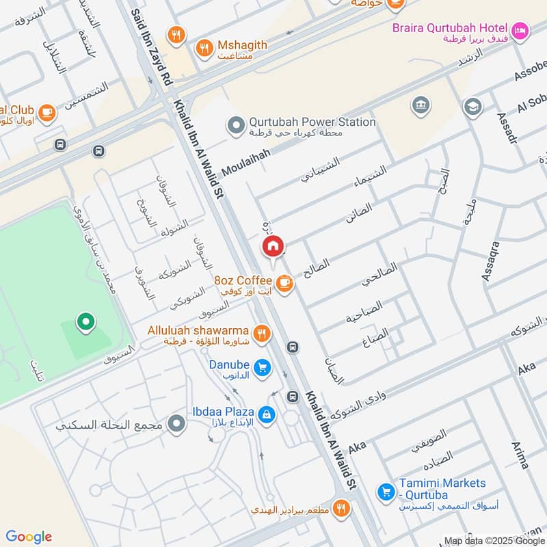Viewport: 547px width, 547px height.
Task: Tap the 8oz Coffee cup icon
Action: click(284, 282)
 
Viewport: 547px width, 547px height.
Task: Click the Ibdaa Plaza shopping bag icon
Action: click(267, 414)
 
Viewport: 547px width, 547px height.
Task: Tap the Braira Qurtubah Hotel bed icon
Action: click(520, 29)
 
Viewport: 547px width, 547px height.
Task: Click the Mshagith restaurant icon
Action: click(204, 48)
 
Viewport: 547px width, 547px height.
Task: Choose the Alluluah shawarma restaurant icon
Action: click(261, 333)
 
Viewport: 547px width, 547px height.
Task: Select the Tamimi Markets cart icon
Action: click(386, 491)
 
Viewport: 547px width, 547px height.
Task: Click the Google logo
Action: click(29, 536)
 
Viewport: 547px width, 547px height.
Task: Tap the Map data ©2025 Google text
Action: click(494, 540)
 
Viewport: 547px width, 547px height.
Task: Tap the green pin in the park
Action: click(85, 321)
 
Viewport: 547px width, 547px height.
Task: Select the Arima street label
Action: click(520, 455)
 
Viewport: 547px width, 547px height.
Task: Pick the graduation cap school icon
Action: click(472, 107)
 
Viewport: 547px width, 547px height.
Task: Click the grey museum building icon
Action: click(420, 105)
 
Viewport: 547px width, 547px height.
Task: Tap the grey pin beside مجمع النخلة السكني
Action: click(178, 425)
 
